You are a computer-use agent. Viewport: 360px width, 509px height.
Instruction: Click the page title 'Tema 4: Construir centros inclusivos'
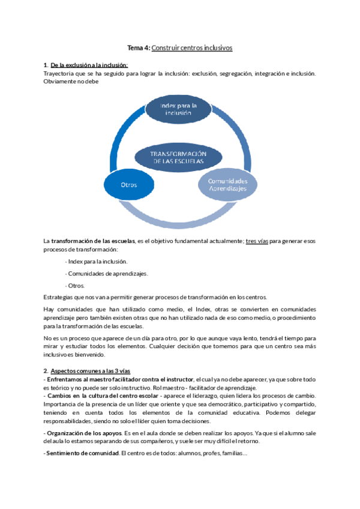coord(180,47)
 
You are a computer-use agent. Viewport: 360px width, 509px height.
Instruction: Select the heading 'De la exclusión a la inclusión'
coord(89,65)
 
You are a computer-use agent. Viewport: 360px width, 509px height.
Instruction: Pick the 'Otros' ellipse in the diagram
coord(129,185)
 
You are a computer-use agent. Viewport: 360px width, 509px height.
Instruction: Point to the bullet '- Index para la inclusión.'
coord(96,261)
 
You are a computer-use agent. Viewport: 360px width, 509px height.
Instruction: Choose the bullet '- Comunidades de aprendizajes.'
coord(106,273)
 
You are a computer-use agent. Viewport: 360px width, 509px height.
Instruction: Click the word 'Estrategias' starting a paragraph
coord(58,297)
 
